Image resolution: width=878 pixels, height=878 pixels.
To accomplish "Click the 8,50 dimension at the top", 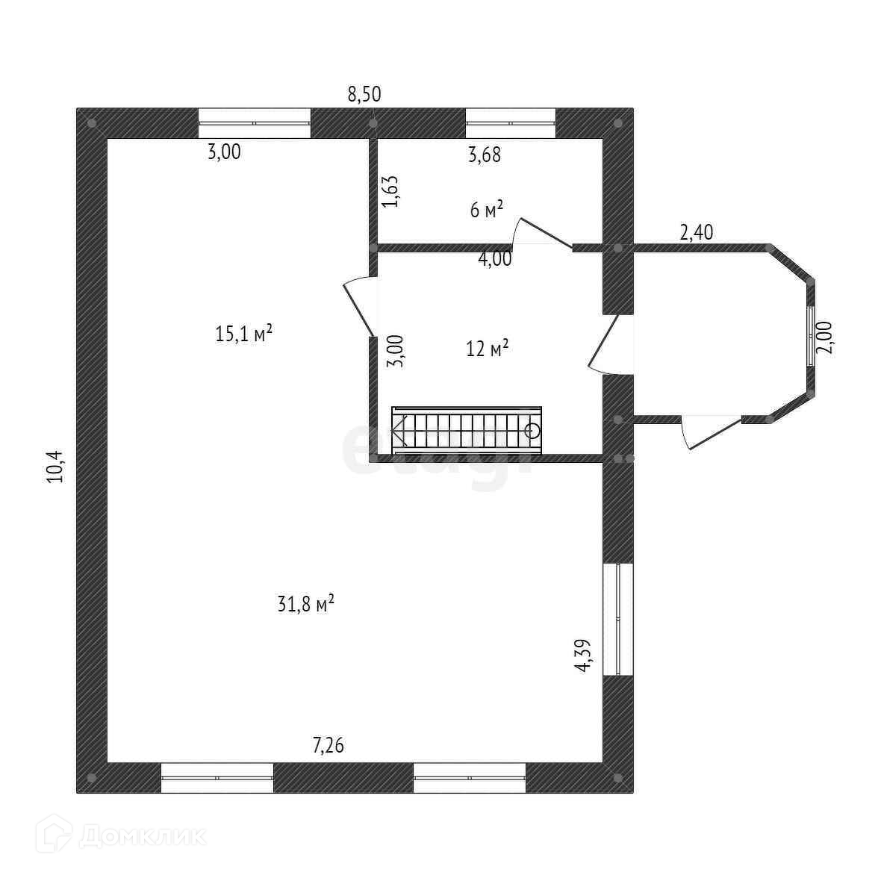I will (x=364, y=94).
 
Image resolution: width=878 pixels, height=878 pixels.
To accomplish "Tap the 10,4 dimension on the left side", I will (x=57, y=467).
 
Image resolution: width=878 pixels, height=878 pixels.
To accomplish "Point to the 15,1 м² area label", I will (x=243, y=334).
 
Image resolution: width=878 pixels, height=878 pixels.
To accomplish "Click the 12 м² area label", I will (x=488, y=348).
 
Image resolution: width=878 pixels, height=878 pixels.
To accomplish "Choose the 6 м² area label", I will (x=486, y=210).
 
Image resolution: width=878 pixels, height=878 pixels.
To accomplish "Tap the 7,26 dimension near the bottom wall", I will (x=328, y=744).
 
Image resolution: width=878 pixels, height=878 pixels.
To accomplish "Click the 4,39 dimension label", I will (x=584, y=656).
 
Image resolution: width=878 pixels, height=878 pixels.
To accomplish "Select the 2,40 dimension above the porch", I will (x=696, y=232).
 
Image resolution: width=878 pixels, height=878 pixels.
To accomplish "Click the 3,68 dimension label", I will (x=484, y=155).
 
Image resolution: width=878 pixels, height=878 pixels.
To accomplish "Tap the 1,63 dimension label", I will (x=391, y=192).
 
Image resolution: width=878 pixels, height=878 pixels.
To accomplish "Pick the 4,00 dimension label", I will (x=495, y=260).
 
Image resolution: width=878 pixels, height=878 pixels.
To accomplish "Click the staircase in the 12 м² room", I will (x=467, y=430).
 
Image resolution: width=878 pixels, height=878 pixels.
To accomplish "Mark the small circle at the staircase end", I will (x=532, y=430).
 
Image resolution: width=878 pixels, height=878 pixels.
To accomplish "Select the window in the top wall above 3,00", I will (x=254, y=122).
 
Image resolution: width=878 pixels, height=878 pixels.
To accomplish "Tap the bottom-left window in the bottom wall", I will (x=217, y=777).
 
